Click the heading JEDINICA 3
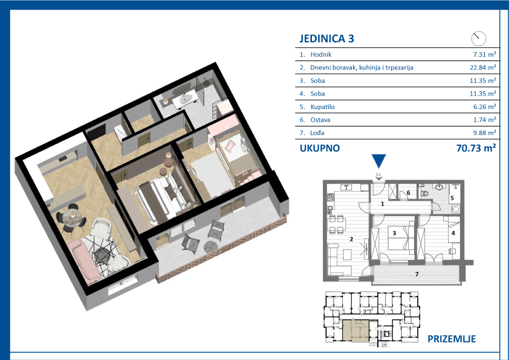coord(326,39)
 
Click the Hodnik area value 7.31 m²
coord(484,54)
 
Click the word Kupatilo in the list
coord(322,107)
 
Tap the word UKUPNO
coord(320,148)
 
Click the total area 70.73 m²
coord(476,148)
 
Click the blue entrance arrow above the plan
coord(378,161)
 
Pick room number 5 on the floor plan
coord(451,197)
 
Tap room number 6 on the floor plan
coord(408,193)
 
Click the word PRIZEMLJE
coord(451,339)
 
